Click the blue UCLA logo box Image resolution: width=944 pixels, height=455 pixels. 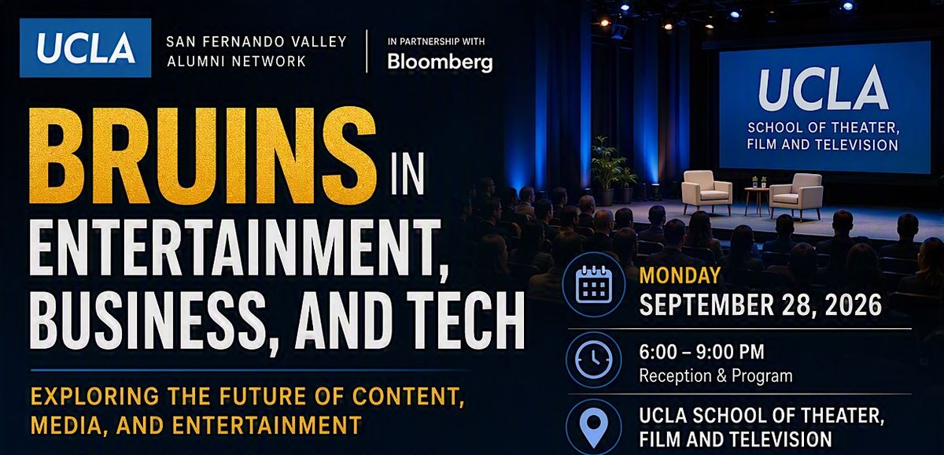[85, 48]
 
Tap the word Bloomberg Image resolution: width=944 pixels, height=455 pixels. [440, 62]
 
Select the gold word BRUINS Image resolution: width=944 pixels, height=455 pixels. [202, 156]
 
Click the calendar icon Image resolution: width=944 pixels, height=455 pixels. [594, 284]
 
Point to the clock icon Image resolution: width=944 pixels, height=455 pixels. [594, 360]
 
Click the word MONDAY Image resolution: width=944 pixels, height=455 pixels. [680, 276]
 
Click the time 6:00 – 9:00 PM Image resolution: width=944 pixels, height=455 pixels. [701, 352]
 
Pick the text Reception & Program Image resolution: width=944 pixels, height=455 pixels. [716, 375]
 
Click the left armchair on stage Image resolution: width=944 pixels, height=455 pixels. [706, 192]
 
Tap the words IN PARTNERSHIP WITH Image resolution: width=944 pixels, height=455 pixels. [436, 42]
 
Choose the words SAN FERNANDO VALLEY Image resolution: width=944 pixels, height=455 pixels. [256, 41]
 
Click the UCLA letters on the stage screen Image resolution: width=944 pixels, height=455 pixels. [824, 90]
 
